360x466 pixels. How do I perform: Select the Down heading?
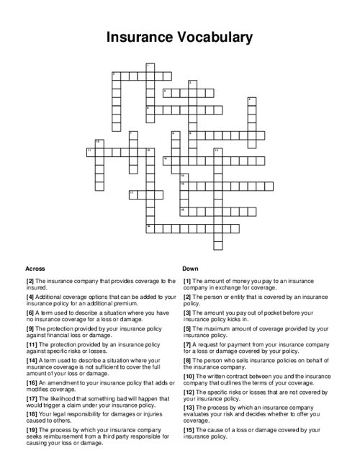coord(190,267)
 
